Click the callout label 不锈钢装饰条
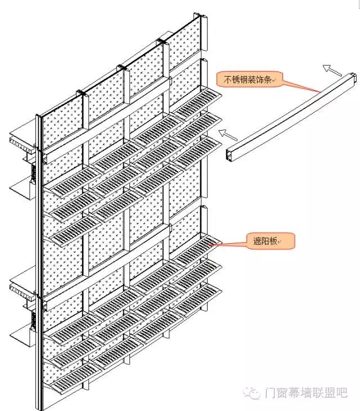point(248,79)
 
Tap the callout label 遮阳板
point(265,241)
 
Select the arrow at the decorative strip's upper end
point(332,70)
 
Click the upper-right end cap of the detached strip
point(353,78)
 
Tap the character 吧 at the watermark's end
point(341,392)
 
